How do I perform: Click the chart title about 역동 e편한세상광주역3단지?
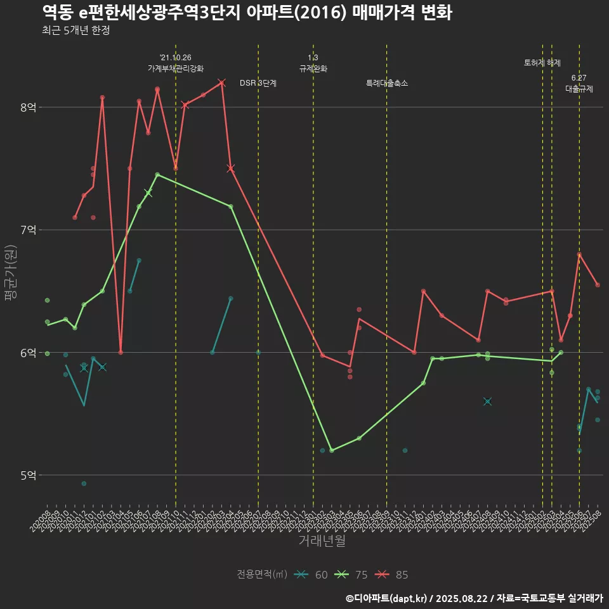point(247,13)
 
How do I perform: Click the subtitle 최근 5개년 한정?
point(76,30)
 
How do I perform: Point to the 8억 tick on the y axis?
point(29,107)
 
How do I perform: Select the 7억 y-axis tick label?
point(29,230)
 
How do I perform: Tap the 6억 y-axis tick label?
point(29,353)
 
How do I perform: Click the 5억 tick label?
point(29,475)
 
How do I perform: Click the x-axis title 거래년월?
point(322,541)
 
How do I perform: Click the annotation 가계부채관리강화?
point(176,69)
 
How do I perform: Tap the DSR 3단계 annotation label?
point(258,83)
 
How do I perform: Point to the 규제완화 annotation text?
point(313,69)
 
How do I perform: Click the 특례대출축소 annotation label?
point(387,83)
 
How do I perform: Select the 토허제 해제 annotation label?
point(542,63)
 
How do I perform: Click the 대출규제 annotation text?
point(579,89)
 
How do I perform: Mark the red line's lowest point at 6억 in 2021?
point(121,352)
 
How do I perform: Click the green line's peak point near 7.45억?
point(157,174)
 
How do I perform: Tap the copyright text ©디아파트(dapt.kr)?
point(386,598)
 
